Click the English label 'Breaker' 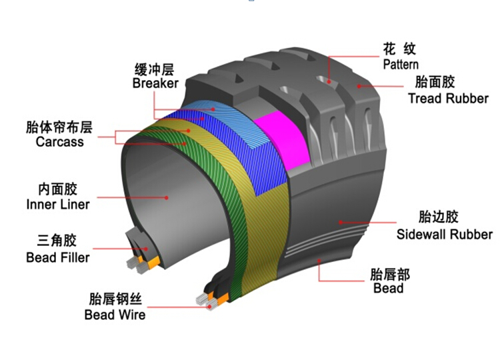point(155,83)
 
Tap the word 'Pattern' point(401,65)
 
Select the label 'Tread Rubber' point(448,98)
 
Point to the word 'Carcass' point(60,141)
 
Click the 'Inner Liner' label point(58,205)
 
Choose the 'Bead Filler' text point(58,257)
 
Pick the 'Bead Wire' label point(115,315)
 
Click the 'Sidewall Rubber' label point(445,234)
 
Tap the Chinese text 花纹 point(399,49)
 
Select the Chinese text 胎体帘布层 point(59,127)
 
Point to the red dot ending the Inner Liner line point(167,198)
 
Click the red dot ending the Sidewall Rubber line point(341,222)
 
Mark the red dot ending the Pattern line point(329,82)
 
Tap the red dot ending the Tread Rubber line point(359,86)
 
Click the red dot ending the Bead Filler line point(146,249)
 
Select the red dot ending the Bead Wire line point(209,307)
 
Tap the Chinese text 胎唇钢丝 point(115,299)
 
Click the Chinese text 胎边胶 point(438,217)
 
